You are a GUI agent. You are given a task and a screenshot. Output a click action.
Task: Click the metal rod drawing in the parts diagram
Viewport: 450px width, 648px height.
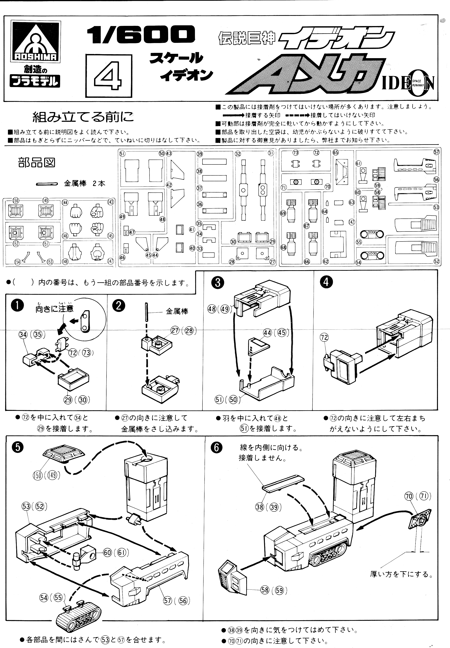[x=47, y=184]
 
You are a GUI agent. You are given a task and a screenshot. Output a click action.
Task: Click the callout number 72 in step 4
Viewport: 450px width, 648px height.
[x=324, y=337]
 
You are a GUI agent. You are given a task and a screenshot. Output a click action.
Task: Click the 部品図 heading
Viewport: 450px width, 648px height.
[x=36, y=163]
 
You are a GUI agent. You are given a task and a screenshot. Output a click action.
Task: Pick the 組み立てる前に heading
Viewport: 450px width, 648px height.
[x=83, y=117]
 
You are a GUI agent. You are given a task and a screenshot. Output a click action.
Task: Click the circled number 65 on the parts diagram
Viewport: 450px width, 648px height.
[x=335, y=152]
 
